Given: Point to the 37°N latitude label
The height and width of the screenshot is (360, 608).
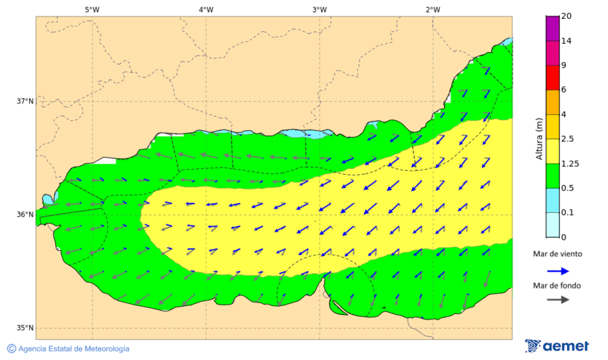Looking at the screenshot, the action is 25,101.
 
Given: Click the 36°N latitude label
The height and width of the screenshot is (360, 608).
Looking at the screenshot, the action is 25,215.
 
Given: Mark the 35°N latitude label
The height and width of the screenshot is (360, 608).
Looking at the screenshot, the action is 25,328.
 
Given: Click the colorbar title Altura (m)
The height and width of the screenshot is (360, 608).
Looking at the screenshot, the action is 539,138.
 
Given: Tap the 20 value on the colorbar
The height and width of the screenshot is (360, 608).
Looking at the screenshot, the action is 566,16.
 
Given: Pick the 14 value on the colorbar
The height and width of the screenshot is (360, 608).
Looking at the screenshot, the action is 566,41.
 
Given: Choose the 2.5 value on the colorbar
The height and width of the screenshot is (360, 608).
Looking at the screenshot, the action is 567,138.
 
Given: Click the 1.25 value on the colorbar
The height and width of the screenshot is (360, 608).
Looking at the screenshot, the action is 569,163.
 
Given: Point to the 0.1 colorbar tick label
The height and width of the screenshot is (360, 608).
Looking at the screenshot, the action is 567,212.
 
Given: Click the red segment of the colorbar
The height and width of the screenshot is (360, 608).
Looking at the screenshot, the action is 552,78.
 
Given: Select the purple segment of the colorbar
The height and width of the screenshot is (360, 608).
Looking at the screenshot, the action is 552,28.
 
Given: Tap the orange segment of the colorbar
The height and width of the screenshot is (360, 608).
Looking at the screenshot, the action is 552,102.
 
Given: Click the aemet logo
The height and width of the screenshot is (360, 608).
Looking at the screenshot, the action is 557,346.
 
